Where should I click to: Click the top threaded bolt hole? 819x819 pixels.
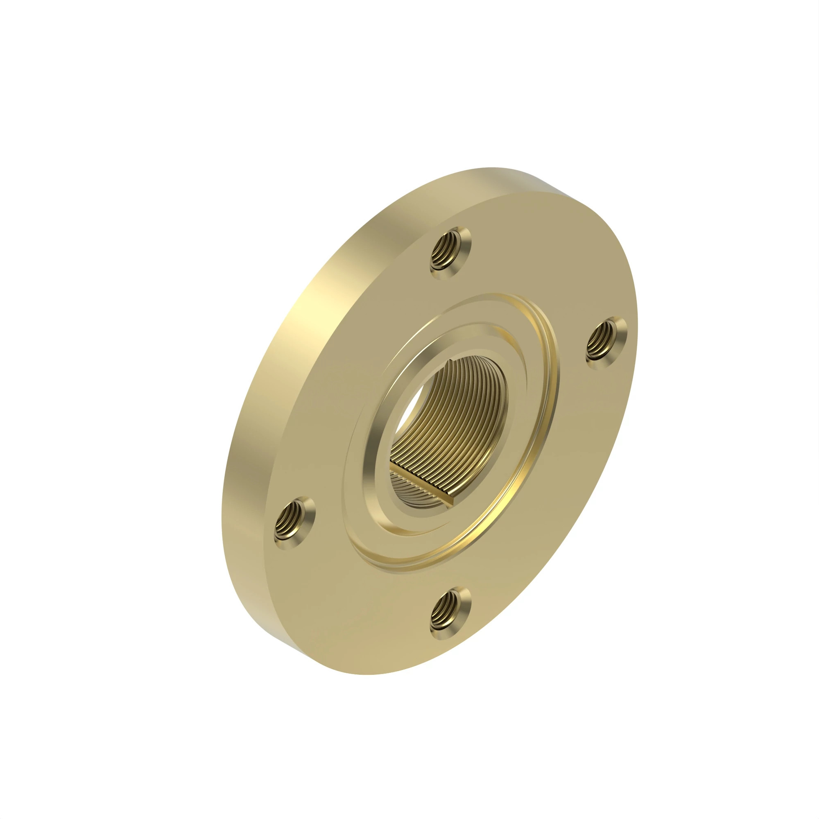pos(450,253)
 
